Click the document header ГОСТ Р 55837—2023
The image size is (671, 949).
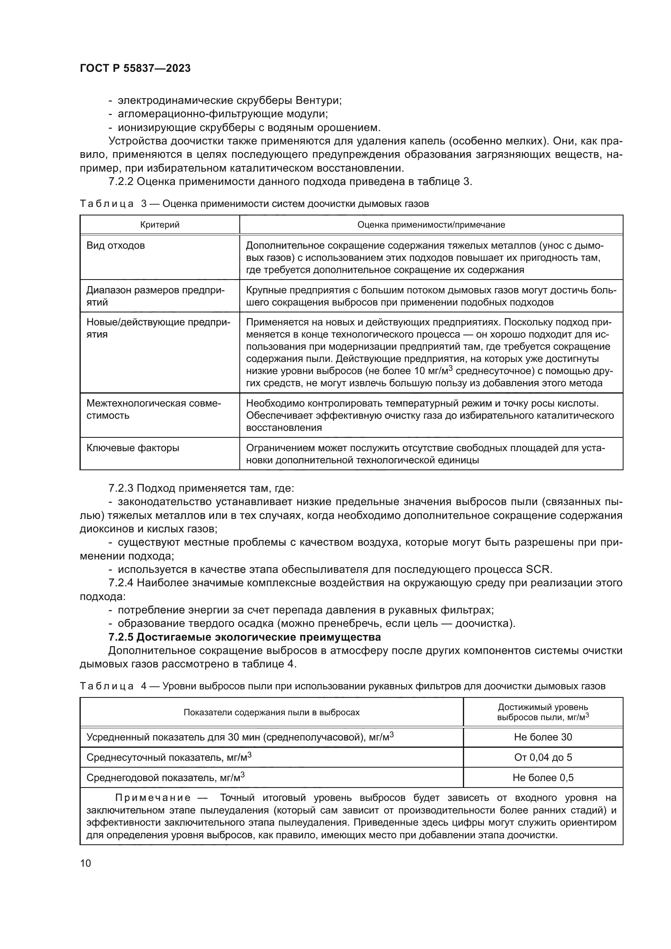pos(135,68)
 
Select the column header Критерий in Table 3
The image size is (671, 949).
pos(159,225)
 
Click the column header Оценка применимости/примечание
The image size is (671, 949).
pos(431,225)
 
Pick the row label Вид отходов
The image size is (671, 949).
pos(116,245)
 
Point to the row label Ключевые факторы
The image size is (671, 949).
pos(133,448)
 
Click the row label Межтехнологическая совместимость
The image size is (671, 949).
pos(154,409)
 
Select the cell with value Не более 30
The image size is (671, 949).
pos(543,737)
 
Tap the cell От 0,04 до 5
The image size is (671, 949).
pos(543,757)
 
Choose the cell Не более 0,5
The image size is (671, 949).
pos(543,777)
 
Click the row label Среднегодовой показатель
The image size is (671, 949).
pos(165,778)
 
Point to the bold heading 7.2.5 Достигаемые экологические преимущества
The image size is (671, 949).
pos(245,637)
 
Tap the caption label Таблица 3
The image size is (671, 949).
pos(113,204)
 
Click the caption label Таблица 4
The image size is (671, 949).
pos(113,686)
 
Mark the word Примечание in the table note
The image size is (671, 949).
pos(153,798)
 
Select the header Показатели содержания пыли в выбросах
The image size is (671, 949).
pos(271,712)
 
